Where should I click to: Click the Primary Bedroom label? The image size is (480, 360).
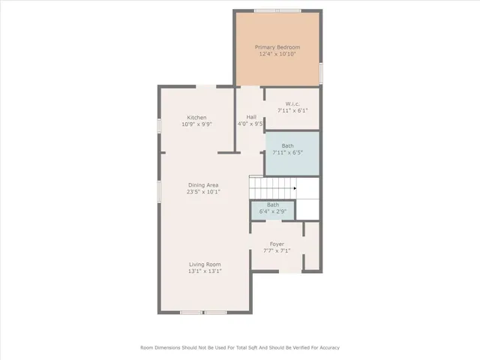point(277,46)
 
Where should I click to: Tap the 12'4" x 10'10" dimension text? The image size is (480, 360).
point(277,54)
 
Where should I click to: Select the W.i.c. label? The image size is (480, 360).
point(292,103)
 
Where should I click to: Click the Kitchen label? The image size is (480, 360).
point(196,118)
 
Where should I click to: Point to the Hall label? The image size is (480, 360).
point(251,118)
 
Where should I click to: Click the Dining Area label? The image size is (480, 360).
point(202,184)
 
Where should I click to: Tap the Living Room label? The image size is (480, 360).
point(204,264)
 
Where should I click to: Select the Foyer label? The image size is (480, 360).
point(277,244)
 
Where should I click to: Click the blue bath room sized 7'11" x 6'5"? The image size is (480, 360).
point(292,154)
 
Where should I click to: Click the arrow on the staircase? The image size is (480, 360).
point(295,188)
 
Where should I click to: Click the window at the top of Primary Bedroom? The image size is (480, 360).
point(277,10)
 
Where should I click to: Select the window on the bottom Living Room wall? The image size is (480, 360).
point(204,312)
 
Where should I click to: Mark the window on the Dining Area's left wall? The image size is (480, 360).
point(158,190)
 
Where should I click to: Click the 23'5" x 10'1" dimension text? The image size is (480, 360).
point(202,192)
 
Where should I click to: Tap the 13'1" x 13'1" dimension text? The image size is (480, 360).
point(204,271)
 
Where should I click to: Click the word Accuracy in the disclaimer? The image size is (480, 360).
point(326,348)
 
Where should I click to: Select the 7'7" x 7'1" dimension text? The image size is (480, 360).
point(277,251)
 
